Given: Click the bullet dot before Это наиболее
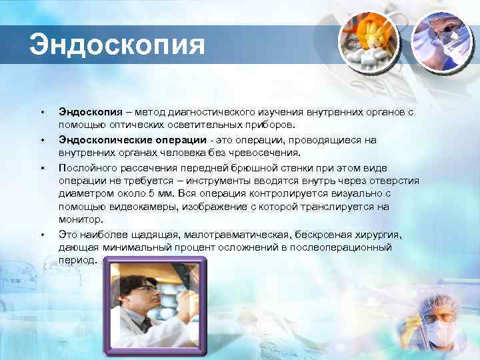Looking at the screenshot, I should point(41,235).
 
